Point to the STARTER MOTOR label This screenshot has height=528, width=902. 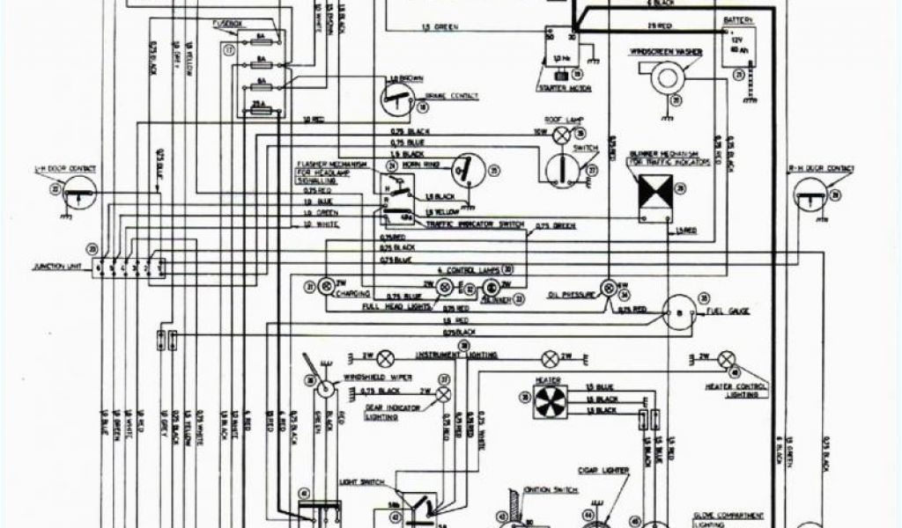(563, 89)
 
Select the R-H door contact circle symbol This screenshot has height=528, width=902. (811, 194)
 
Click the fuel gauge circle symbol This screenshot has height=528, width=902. (679, 309)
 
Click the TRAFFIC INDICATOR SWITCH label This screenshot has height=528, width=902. (477, 226)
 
